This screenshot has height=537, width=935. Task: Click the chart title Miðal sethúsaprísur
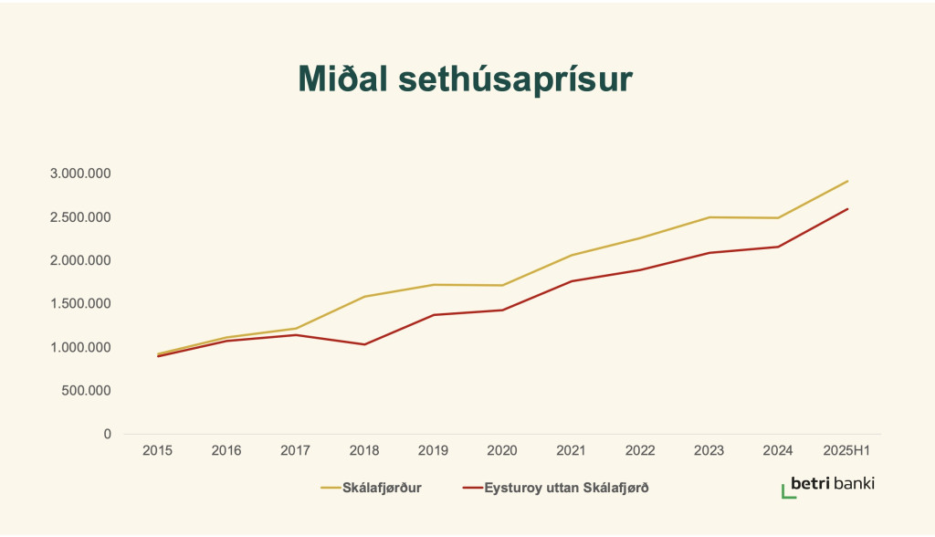pyautogui.click(x=466, y=79)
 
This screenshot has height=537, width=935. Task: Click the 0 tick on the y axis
pyautogui.click(x=107, y=434)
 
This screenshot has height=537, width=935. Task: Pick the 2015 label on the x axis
pyautogui.click(x=158, y=451)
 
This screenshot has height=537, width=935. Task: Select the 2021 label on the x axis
pyautogui.click(x=572, y=451)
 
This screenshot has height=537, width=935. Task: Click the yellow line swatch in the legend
pyautogui.click(x=331, y=488)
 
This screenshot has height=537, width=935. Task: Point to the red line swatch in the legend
pyautogui.click(x=472, y=488)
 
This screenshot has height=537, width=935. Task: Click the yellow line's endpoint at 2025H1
pyautogui.click(x=847, y=181)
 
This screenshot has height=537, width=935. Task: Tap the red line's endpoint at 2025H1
pyautogui.click(x=847, y=209)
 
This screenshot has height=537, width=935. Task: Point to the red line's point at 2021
pyautogui.click(x=572, y=281)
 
